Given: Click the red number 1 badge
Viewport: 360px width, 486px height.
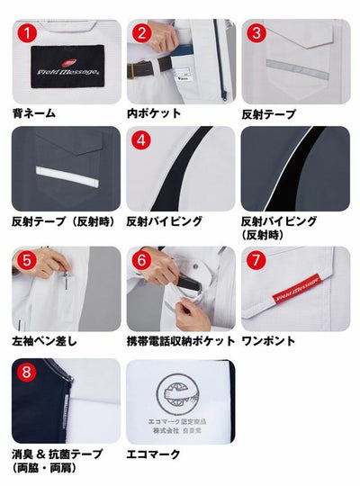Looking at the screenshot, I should pyautogui.click(x=28, y=33).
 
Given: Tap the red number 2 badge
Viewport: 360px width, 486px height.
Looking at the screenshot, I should pyautogui.click(x=142, y=33).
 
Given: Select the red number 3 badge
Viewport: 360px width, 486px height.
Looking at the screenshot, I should pyautogui.click(x=257, y=33).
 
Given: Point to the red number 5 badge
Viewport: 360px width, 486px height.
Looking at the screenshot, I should pyautogui.click(x=28, y=261).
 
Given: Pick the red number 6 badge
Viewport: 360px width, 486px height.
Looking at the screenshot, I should pyautogui.click(x=142, y=261).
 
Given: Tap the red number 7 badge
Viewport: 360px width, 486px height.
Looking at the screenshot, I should pyautogui.click(x=257, y=261).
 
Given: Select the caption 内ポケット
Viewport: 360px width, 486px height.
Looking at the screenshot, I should pyautogui.click(x=154, y=112).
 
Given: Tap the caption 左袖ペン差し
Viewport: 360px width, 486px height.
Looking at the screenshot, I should pyautogui.click(x=45, y=342).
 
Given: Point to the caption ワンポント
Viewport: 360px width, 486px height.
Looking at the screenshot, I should pyautogui.click(x=268, y=342).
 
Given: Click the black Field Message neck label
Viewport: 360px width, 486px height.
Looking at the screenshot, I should pyautogui.click(x=66, y=66).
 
